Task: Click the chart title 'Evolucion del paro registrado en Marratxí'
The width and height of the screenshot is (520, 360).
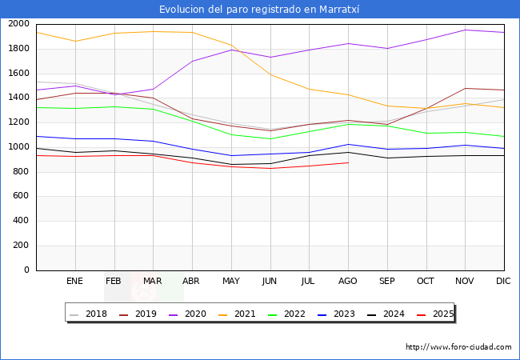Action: coord(259,10)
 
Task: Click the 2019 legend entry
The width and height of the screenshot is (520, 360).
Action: coord(140,314)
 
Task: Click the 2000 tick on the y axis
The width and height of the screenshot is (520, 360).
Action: coord(18,24)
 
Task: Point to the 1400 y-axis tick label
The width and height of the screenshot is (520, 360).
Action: coord(18,98)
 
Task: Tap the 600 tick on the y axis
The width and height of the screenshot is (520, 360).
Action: coord(22,196)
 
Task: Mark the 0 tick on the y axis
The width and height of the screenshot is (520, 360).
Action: coord(26,270)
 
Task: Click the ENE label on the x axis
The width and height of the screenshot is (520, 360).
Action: coord(75,282)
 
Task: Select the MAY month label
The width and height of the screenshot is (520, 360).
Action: coord(231,282)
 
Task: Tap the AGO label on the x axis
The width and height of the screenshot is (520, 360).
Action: coord(348,282)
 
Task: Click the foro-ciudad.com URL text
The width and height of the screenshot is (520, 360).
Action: coord(458,347)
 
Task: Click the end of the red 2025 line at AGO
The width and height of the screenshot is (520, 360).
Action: coord(348,162)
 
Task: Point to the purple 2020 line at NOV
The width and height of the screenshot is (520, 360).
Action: coord(465,30)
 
